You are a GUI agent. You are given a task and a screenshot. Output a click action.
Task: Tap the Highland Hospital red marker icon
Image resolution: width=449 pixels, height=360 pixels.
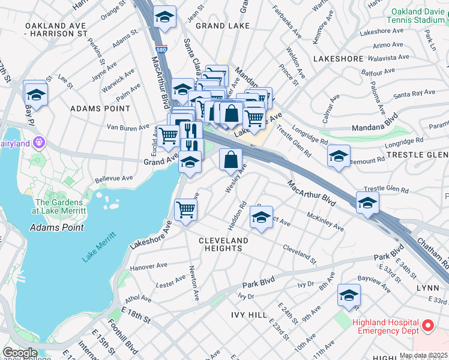(x=428, y=326)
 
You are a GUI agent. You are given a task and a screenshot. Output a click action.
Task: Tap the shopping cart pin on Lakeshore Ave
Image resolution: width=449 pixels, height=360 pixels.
(x=185, y=210)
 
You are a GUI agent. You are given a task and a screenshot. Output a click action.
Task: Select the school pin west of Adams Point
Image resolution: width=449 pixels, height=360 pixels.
(x=36, y=94)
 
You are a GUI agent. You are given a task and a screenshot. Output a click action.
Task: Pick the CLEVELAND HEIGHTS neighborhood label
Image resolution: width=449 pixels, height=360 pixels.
(x=223, y=244)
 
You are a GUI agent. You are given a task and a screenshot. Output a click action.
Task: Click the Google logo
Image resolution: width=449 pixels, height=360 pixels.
(x=20, y=352)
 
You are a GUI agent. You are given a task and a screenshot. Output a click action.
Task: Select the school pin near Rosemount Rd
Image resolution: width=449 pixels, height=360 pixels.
(x=339, y=156)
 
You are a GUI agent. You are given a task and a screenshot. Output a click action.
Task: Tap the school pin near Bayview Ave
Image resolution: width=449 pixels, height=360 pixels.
(x=349, y=295)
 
